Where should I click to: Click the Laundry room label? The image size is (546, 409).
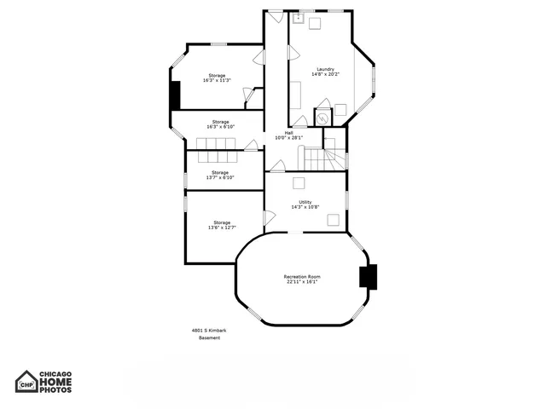(x=325, y=69)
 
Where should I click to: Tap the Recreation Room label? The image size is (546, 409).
(x=302, y=277)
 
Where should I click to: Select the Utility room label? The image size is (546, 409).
(x=305, y=202)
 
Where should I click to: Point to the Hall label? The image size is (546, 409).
(x=289, y=133)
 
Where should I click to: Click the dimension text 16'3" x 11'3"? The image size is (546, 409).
(x=217, y=80)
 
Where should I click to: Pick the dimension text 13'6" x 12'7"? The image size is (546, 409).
(x=222, y=228)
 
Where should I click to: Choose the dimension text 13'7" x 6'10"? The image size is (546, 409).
(x=220, y=177)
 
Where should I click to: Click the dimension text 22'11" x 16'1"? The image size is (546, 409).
(x=302, y=282)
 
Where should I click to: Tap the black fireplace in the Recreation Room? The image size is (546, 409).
(x=368, y=277)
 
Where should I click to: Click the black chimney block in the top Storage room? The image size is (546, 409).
(x=175, y=94)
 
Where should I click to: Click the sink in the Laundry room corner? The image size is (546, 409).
(x=299, y=17)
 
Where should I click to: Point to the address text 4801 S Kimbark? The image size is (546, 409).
(x=208, y=331)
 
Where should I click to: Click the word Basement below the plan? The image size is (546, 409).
(x=210, y=338)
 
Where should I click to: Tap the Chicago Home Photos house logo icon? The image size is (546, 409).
(x=27, y=381)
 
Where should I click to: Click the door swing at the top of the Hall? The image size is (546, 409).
(x=275, y=16)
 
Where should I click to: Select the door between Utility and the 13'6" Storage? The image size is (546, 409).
(x=269, y=218)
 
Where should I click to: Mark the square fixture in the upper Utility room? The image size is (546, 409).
(x=299, y=182)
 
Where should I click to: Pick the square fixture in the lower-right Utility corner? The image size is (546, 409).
(x=334, y=220)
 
